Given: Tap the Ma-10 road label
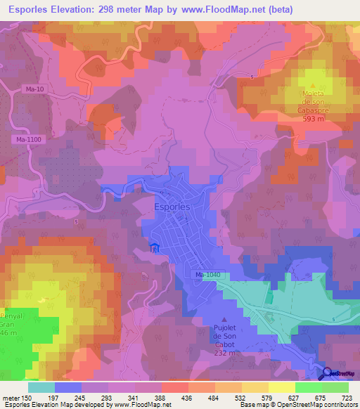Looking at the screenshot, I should click(x=35, y=89).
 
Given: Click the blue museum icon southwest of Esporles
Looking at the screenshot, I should click(x=155, y=247).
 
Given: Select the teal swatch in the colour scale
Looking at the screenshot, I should click(x=41, y=387).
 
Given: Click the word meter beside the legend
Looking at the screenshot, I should click(x=13, y=398).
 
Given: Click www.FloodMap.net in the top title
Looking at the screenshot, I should click(x=222, y=10).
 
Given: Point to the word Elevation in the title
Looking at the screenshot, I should click(x=78, y=10).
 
